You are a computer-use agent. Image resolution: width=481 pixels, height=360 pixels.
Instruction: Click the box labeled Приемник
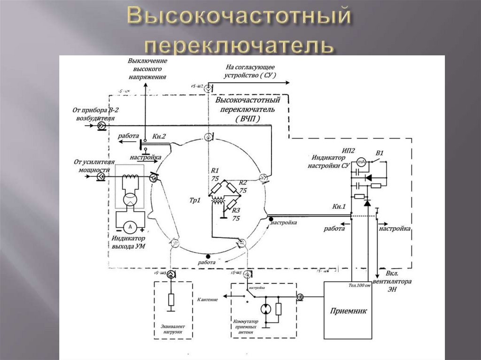[348, 310]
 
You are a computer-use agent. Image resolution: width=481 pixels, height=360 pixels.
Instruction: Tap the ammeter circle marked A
[130, 226]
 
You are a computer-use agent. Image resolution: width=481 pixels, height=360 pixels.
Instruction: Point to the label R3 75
[236, 214]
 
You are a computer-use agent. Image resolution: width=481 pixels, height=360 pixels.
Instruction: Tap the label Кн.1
[339, 207]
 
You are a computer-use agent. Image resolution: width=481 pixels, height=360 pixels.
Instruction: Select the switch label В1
[380, 153]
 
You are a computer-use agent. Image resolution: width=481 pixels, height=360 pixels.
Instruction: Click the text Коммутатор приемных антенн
[245, 326]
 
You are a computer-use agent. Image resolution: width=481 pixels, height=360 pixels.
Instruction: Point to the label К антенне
[208, 299]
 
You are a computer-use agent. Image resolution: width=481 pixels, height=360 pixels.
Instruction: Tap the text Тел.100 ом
[359, 286]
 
